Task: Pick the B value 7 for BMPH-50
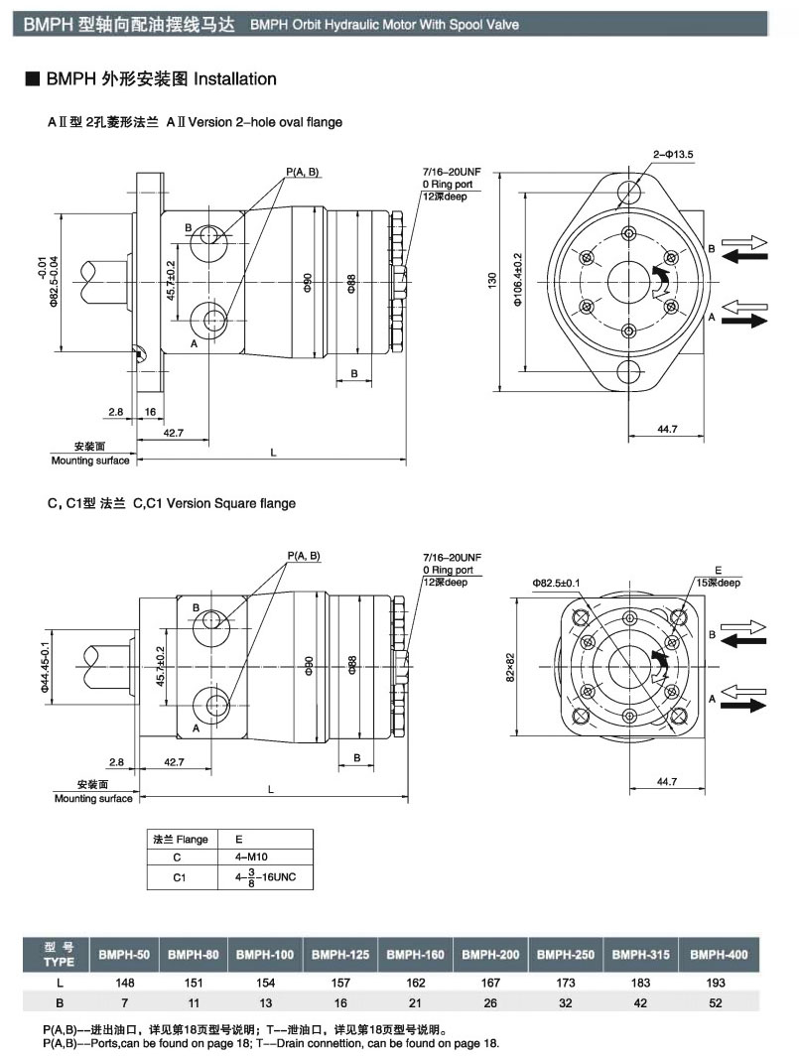[x=125, y=1002]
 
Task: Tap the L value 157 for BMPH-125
[x=340, y=983]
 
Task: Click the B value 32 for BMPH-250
[x=566, y=1002]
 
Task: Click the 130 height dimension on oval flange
[x=491, y=282]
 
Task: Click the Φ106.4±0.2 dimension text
[x=518, y=281]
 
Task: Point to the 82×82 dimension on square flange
[x=509, y=666]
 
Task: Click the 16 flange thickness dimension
[x=150, y=410]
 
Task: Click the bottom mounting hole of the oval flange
[x=629, y=373]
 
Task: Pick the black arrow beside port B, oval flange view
[x=746, y=256]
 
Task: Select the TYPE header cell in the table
[x=59, y=954]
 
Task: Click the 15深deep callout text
[x=716, y=582]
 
